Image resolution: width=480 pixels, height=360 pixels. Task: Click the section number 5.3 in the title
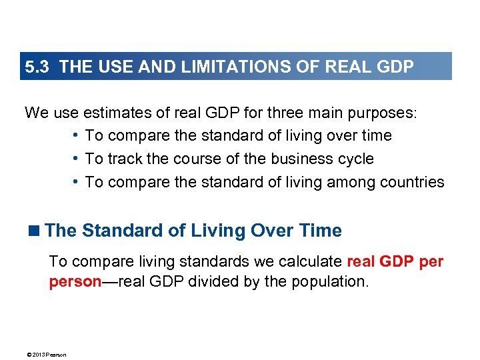(x=37, y=67)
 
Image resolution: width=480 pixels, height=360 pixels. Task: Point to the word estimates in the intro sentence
(x=119, y=113)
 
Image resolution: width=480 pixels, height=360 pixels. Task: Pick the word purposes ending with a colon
(x=386, y=113)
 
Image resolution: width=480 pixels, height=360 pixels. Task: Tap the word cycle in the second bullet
(x=354, y=159)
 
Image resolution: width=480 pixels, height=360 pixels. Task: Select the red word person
(x=75, y=281)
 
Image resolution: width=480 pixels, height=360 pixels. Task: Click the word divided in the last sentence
(x=209, y=281)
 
